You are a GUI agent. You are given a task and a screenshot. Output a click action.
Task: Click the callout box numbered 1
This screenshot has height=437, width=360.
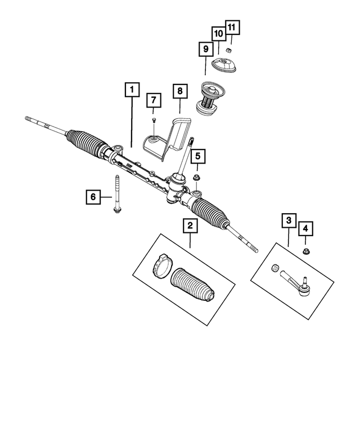click(130, 89)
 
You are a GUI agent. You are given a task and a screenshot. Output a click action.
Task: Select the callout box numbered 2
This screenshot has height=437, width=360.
click(190, 227)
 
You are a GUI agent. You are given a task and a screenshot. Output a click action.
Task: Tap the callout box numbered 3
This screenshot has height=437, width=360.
click(287, 220)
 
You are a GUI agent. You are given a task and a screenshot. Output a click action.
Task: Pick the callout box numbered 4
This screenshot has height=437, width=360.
click(305, 229)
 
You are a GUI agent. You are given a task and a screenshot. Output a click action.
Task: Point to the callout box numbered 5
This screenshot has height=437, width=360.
click(197, 156)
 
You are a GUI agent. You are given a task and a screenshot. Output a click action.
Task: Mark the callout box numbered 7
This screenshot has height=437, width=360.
click(154, 101)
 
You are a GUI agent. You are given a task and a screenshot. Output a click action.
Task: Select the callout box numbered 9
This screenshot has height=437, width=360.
click(206, 50)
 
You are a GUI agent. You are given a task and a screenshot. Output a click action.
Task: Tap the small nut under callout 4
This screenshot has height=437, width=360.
click(306, 251)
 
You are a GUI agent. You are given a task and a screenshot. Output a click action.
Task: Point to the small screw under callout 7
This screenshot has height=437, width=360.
click(154, 120)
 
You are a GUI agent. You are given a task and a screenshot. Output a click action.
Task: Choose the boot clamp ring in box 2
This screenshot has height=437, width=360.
click(161, 265)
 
